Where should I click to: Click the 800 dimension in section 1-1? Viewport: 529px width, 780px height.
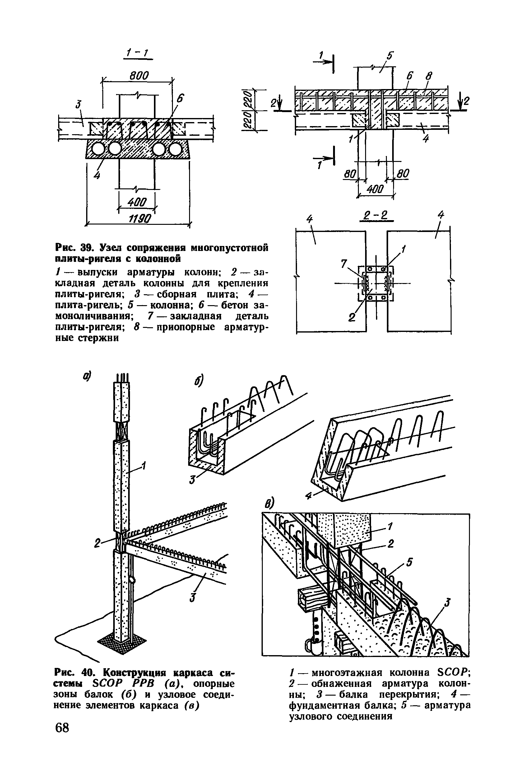coord(139,76)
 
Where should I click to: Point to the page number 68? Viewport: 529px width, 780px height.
coord(62,736)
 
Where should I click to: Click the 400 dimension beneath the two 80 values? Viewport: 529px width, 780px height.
coord(374,190)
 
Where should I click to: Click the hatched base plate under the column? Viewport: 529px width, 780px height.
coord(121,641)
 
